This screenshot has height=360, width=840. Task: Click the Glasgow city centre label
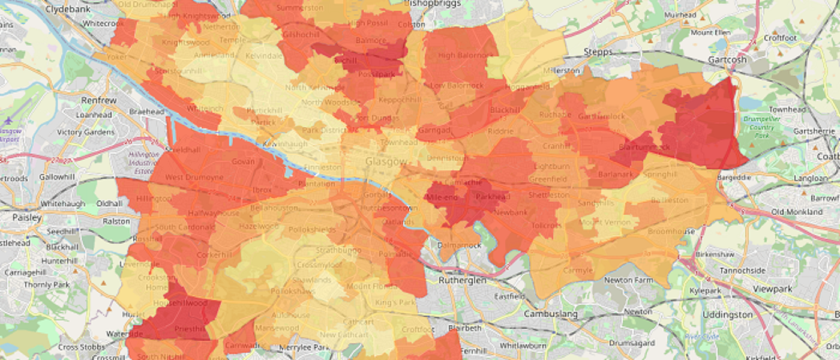coord(386,162)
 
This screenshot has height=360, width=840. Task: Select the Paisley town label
coord(27,218)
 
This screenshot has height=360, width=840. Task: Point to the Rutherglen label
coord(461,280)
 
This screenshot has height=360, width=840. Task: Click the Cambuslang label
coord(550,314)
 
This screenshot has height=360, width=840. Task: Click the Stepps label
coord(598,52)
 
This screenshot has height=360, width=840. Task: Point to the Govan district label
coord(242,161)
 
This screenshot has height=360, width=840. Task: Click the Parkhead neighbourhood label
coord(492,197)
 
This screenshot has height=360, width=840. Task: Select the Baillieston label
coord(670,200)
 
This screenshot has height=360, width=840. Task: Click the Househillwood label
coord(180,304)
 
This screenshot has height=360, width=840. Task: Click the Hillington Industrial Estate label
coord(143,162)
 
